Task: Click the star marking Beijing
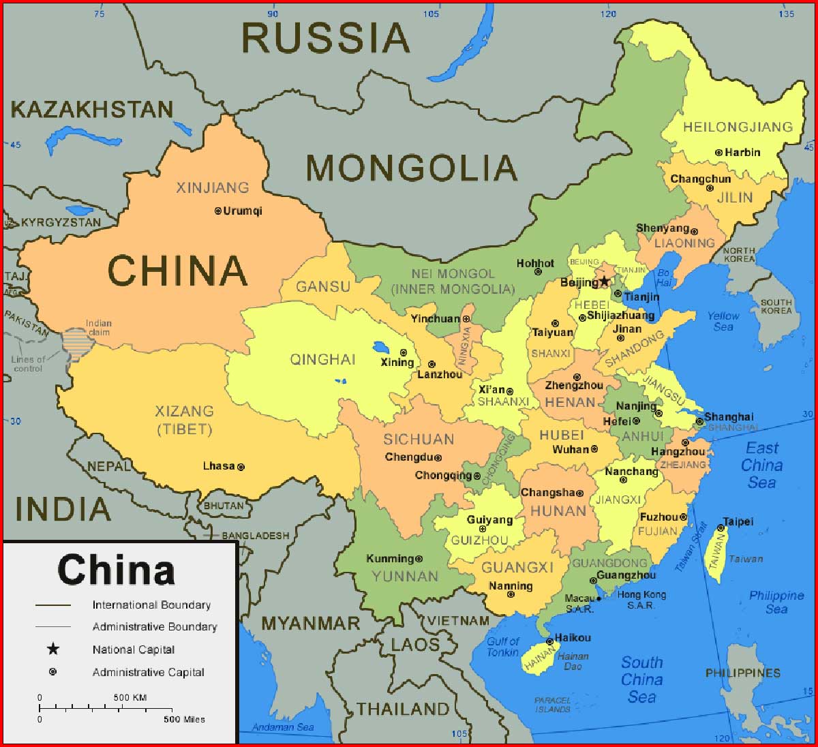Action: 604,281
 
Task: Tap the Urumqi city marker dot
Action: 218,211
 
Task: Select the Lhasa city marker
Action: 241,467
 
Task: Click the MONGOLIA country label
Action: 411,168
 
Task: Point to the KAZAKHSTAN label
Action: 92,110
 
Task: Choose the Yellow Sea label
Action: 723,321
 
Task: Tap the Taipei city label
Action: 738,521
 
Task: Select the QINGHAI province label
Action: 323,359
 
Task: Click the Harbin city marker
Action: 718,153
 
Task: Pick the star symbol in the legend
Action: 53,649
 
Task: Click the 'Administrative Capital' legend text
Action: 148,672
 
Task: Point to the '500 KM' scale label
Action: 130,697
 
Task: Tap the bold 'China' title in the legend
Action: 116,570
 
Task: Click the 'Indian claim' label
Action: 99,328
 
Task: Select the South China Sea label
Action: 641,680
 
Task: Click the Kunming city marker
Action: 419,559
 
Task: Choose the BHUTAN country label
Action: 224,506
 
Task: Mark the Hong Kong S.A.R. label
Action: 641,600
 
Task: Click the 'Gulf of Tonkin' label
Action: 503,647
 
